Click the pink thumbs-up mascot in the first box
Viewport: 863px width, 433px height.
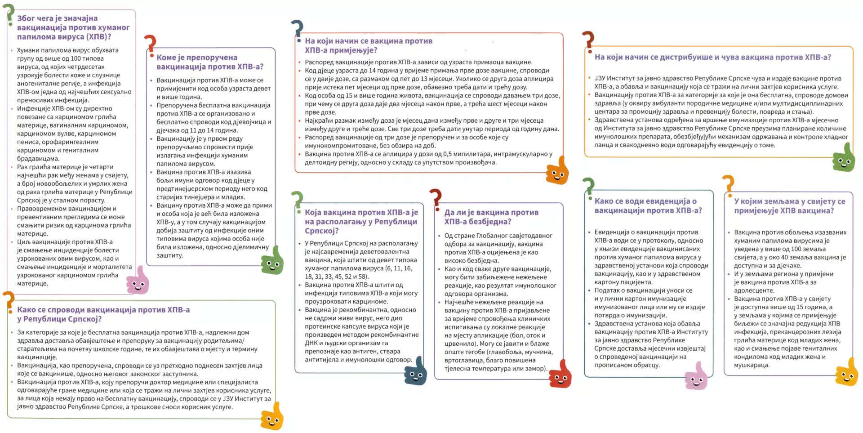tap(138, 281)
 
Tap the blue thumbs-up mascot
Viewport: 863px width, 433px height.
tap(416, 371)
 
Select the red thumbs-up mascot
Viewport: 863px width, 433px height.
tap(560, 375)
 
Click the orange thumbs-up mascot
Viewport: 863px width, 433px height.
tap(557, 171)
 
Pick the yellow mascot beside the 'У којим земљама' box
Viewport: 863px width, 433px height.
tap(847, 373)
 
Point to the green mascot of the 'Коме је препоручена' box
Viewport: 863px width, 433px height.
tap(272, 261)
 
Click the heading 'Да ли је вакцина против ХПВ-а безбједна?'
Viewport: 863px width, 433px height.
tap(491, 217)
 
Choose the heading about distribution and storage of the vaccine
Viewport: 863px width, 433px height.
tap(712, 57)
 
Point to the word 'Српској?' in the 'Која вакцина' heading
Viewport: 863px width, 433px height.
tap(321, 231)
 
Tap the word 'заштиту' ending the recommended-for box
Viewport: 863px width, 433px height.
tap(169, 255)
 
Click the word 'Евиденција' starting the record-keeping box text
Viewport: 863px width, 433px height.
tap(612, 232)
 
